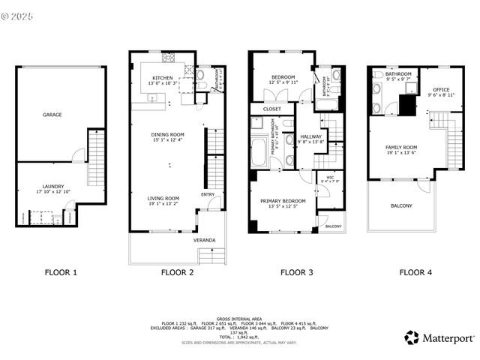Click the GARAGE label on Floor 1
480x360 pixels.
coord(52,115)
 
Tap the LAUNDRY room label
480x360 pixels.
coord(52,186)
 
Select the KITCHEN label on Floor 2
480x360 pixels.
coord(163,77)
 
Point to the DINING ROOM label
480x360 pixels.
coord(167,134)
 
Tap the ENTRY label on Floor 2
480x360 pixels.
coord(208,194)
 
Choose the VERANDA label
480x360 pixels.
coord(204,240)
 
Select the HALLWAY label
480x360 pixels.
coord(310,136)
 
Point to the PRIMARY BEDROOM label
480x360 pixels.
coord(283,201)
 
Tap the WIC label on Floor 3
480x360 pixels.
coord(329,177)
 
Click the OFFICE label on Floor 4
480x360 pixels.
coord(439,89)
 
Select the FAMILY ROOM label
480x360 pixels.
coord(400,147)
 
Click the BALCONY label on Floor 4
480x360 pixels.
coord(400,205)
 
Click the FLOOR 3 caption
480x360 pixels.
coord(296,273)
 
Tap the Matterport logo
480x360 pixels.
coord(439,337)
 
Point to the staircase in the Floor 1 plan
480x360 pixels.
coord(96,157)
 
